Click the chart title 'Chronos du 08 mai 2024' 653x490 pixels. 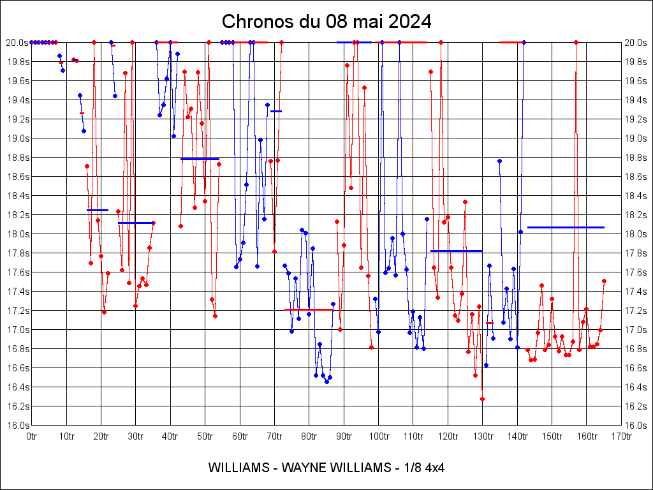click(x=326, y=22)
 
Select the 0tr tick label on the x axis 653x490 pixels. click(x=32, y=436)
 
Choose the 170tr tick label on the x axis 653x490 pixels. click(x=621, y=436)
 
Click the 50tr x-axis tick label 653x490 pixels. click(x=205, y=436)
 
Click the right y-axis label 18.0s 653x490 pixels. click(x=635, y=234)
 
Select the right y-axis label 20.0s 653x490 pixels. click(x=635, y=43)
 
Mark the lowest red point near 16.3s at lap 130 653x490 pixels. click(x=482, y=399)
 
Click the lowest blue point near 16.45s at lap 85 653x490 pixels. click(x=326, y=382)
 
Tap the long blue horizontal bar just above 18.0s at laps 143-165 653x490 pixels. click(x=566, y=227)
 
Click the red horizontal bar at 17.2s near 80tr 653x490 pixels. click(x=309, y=309)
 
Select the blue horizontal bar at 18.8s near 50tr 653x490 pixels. click(x=200, y=159)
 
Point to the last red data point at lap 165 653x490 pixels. click(x=604, y=281)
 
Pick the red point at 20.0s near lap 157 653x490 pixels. click(x=576, y=42)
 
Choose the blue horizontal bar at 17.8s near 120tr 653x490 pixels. click(x=457, y=251)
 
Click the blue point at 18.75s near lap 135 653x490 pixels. click(x=499, y=161)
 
